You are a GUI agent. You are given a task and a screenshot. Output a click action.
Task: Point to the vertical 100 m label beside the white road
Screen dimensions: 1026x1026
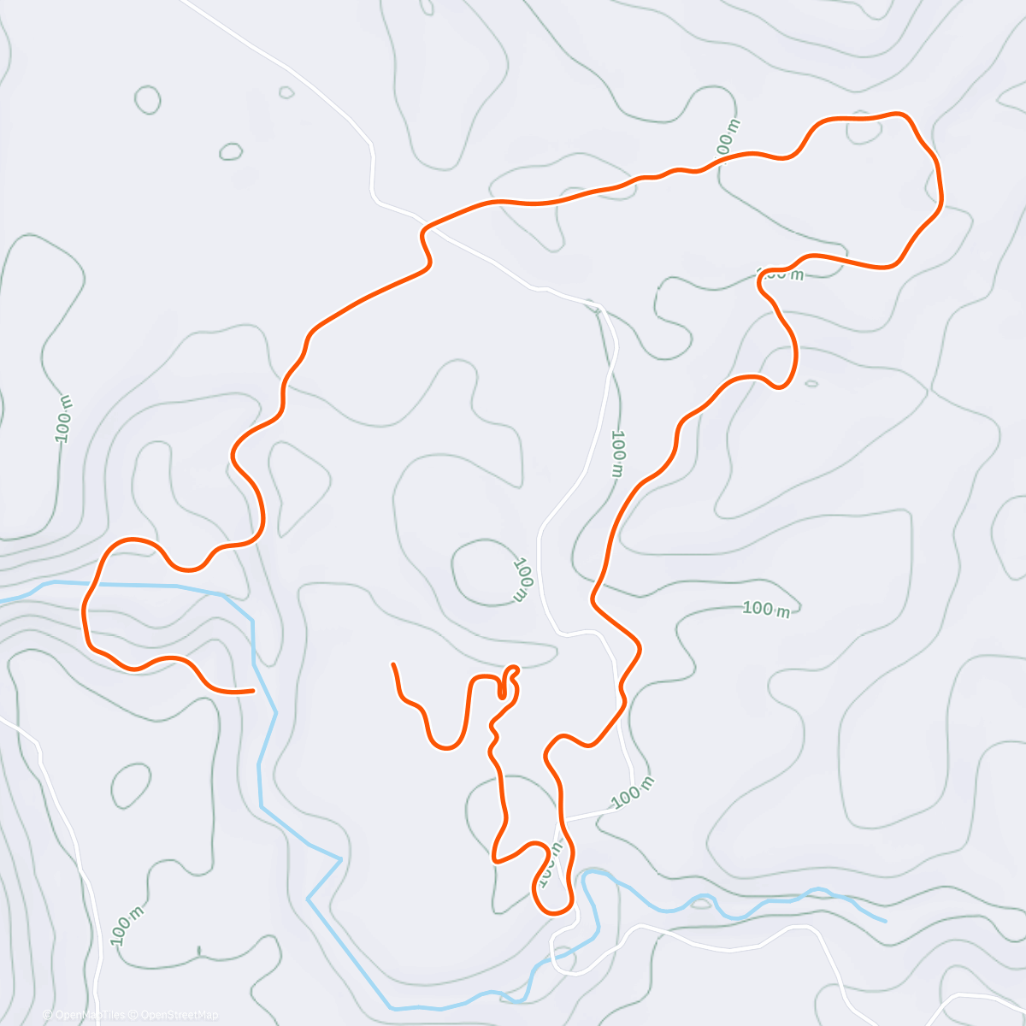point(618,452)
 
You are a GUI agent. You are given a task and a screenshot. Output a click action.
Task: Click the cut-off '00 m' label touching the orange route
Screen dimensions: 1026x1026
point(728,137)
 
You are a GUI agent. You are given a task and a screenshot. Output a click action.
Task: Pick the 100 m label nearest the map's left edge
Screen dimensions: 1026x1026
point(64,419)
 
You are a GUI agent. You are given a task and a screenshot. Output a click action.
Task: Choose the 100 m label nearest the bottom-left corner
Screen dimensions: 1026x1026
point(127,923)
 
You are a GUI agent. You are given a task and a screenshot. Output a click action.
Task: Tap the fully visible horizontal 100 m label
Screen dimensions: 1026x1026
point(765,609)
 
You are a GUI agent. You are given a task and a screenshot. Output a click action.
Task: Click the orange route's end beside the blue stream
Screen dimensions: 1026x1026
point(252,690)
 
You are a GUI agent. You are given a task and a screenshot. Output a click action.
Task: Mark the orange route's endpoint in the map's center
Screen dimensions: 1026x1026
point(392,664)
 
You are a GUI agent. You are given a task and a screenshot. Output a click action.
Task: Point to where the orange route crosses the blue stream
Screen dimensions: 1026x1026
point(94,586)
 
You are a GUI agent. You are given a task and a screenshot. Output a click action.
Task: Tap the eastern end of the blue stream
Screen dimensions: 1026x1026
point(884,921)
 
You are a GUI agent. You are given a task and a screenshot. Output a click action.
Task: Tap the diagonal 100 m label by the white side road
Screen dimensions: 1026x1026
point(633,793)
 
